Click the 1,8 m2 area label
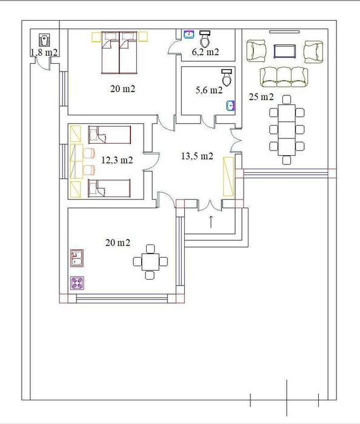tap(44, 52)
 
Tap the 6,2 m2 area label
tap(205, 52)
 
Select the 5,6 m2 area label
tap(209, 90)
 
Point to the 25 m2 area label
tap(261, 96)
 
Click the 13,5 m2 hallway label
tap(197, 156)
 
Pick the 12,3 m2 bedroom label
tap(117, 160)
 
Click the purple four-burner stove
tap(77, 283)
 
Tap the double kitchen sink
tap(77, 258)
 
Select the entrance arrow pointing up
tap(211, 221)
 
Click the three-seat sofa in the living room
tap(284, 77)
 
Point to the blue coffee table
tap(284, 52)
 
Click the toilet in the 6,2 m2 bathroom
tap(205, 38)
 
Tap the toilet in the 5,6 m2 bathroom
tap(227, 77)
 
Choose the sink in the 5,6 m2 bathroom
tap(230, 106)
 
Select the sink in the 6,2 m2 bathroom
tap(189, 35)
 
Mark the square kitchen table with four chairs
tap(150, 262)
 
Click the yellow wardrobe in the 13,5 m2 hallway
tap(228, 177)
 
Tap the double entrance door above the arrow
tap(210, 205)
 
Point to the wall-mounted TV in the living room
tap(284, 32)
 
